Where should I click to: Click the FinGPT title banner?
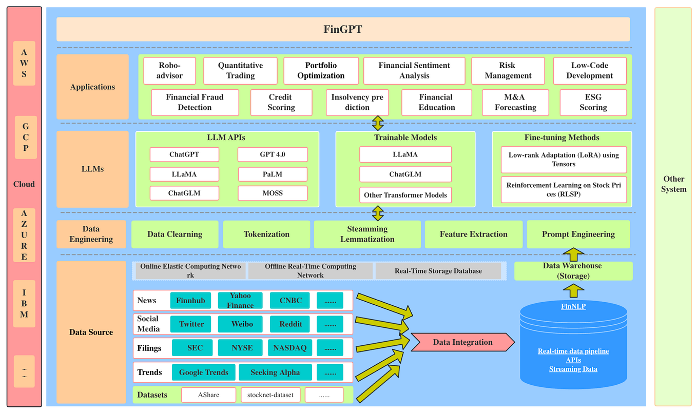pos(343,29)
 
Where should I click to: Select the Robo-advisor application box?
pos(170,71)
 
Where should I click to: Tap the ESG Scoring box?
pos(593,103)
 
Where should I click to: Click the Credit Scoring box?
pos(281,103)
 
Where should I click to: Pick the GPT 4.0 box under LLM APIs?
pos(272,154)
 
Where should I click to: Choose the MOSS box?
pos(272,193)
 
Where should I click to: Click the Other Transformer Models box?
pos(405,195)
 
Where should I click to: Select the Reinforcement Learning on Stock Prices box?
pos(563,189)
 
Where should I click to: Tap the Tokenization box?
pos(266,234)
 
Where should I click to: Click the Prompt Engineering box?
pos(578,234)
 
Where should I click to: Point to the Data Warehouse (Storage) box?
pos(573,271)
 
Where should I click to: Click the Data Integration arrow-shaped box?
pos(462,342)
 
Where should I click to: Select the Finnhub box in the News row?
pos(190,301)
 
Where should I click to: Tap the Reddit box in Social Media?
pos(291,324)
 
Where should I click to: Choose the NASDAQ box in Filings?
pos(289,348)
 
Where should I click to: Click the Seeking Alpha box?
pos(275,372)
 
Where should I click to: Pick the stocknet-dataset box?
pos(270,395)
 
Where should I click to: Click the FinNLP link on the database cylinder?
pos(573,306)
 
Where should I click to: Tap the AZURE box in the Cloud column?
pos(24,234)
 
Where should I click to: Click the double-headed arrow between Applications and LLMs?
pos(378,123)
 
